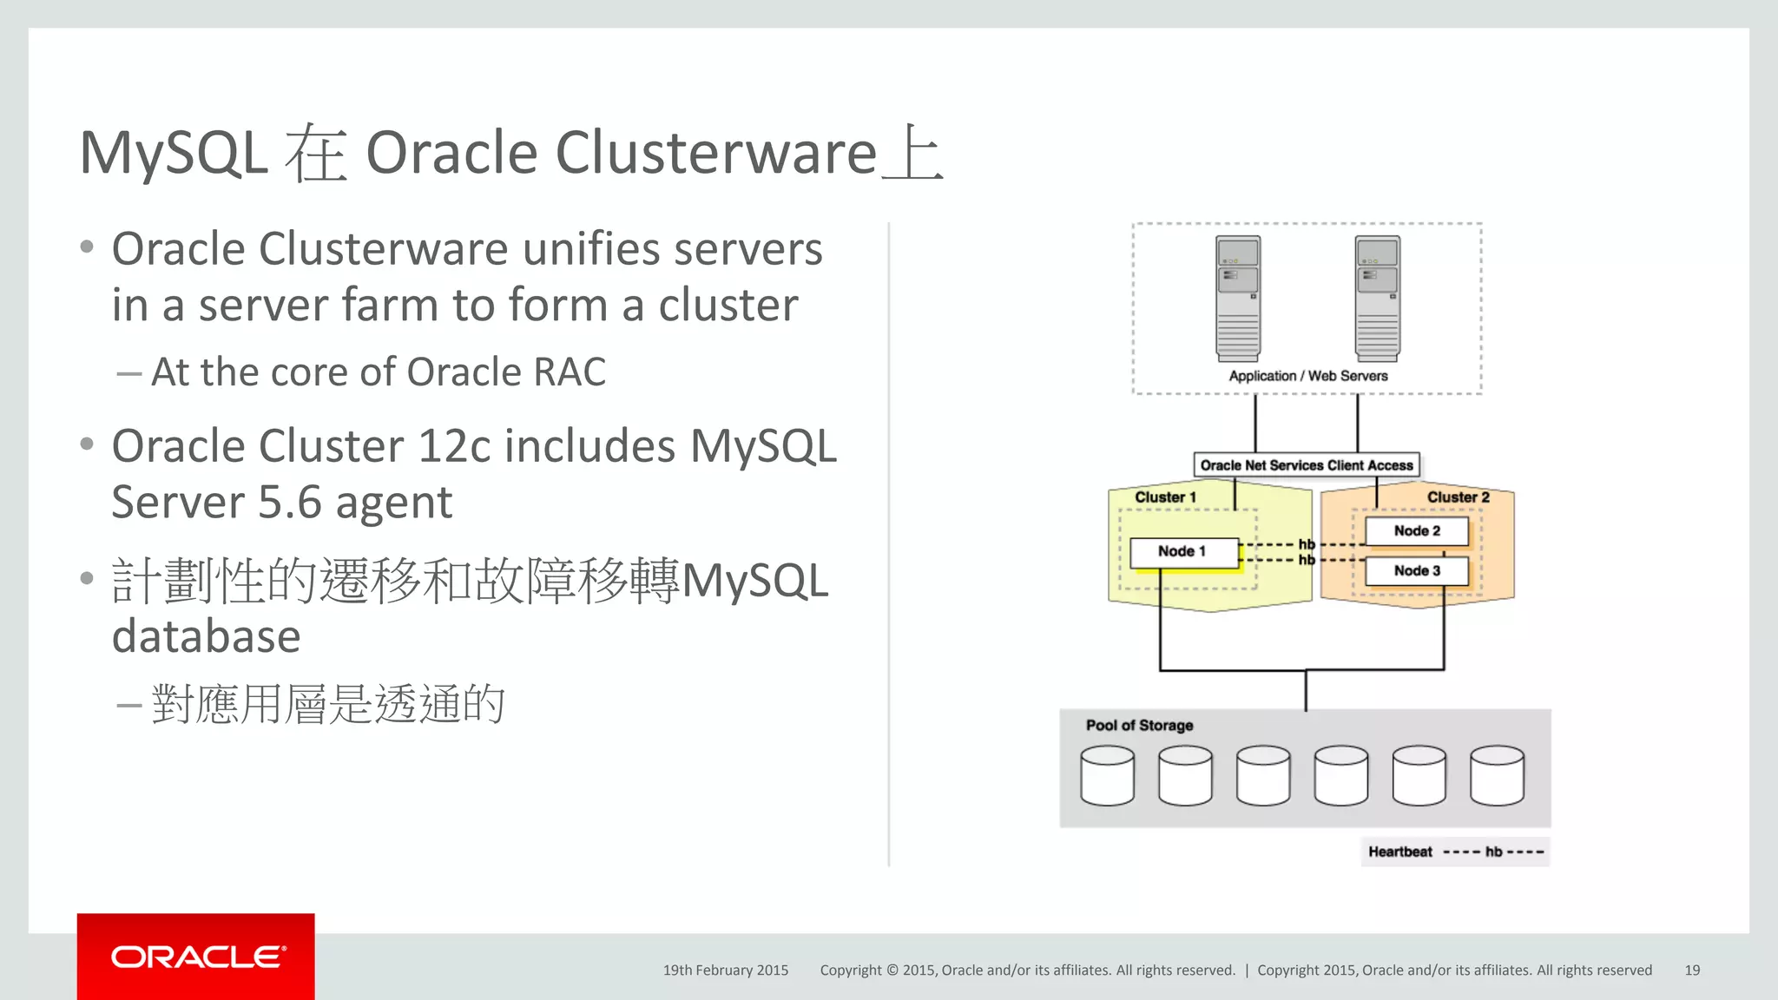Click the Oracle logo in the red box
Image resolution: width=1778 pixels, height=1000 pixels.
[196, 957]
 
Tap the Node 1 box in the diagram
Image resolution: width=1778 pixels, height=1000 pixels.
[1183, 552]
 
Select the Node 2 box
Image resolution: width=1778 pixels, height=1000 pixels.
[1417, 531]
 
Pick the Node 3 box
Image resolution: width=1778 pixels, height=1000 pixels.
[1417, 571]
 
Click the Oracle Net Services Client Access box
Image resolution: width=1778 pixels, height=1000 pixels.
[1306, 465]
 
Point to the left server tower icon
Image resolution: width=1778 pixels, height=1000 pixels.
[1238, 298]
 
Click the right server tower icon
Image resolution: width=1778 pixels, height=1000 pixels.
[1378, 298]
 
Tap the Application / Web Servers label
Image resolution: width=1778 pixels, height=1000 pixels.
[1307, 376]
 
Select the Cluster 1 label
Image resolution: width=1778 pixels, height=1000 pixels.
[1165, 497]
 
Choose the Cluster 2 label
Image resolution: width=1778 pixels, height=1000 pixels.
[1458, 497]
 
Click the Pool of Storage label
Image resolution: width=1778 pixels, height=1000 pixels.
[1139, 726]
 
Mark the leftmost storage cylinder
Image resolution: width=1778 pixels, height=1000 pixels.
[1107, 775]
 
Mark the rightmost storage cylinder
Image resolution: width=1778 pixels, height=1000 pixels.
[1497, 775]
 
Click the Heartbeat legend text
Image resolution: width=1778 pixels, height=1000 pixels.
[1399, 852]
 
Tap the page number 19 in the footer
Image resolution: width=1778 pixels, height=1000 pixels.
[1692, 970]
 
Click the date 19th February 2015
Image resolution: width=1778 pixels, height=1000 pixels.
[726, 970]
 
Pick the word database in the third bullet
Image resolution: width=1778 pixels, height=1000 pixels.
[207, 637]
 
